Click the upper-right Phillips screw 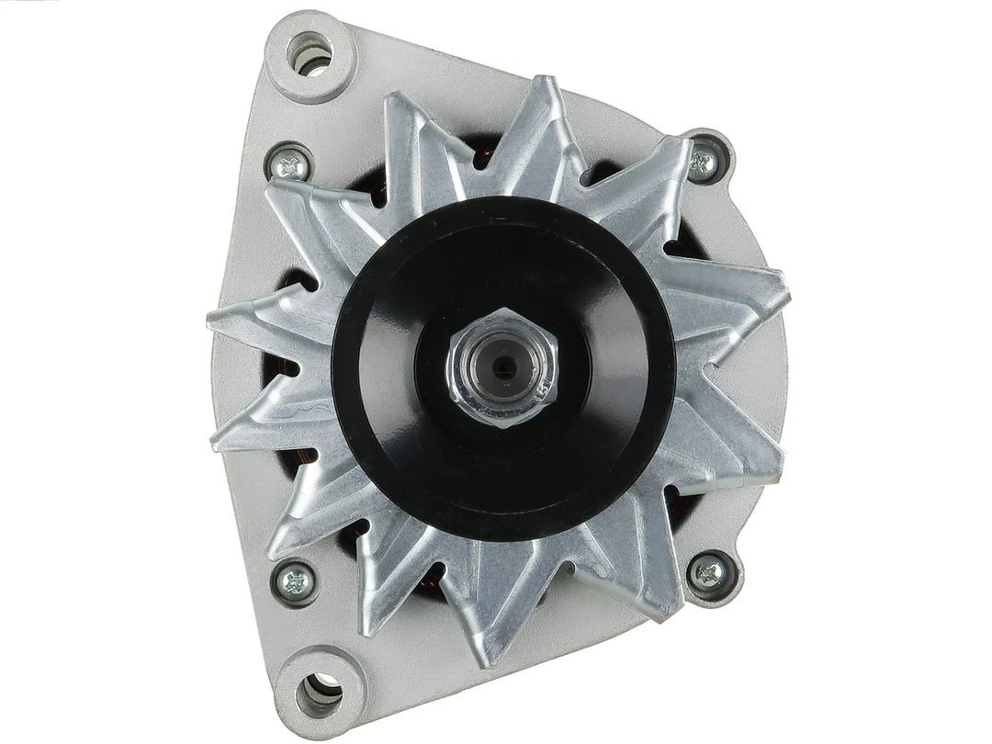click(705, 163)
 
